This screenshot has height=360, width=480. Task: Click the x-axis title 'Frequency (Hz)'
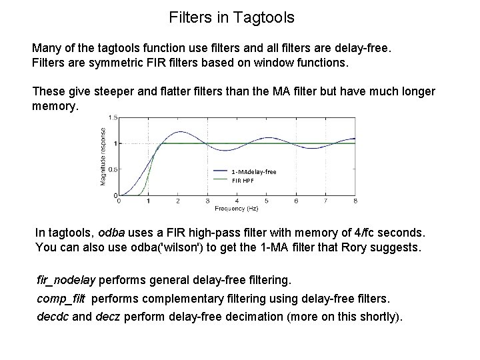coord(237,208)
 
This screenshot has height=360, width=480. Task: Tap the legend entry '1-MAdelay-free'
coord(253,172)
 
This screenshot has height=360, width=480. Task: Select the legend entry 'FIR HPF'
coord(243,180)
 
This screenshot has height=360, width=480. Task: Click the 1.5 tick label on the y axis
coord(114,117)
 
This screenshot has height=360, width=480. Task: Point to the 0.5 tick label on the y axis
coord(114,169)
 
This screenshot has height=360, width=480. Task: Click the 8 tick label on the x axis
coord(356,200)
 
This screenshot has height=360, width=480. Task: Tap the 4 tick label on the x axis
coord(237,200)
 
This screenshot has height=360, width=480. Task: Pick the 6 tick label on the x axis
coord(297,200)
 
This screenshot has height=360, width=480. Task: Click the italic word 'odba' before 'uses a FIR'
coord(111,233)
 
